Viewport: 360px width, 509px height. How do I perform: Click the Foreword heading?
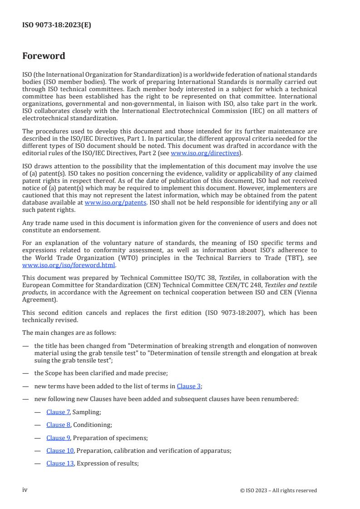[x=44, y=56]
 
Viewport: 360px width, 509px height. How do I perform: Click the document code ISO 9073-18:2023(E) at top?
[x=56, y=25]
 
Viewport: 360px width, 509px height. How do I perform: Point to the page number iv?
[x=25, y=490]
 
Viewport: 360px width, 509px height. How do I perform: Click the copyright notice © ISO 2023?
[x=278, y=490]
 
